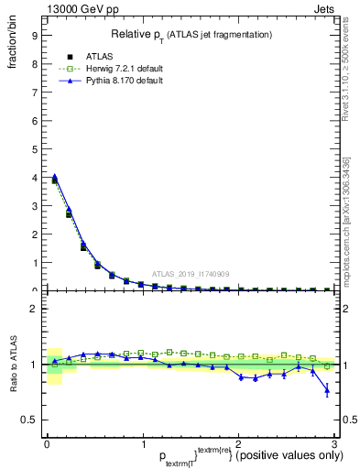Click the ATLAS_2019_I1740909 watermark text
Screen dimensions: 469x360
pyautogui.click(x=190, y=273)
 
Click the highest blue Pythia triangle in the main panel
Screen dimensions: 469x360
pyautogui.click(x=55, y=176)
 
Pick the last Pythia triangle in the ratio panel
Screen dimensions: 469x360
pyautogui.click(x=327, y=391)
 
